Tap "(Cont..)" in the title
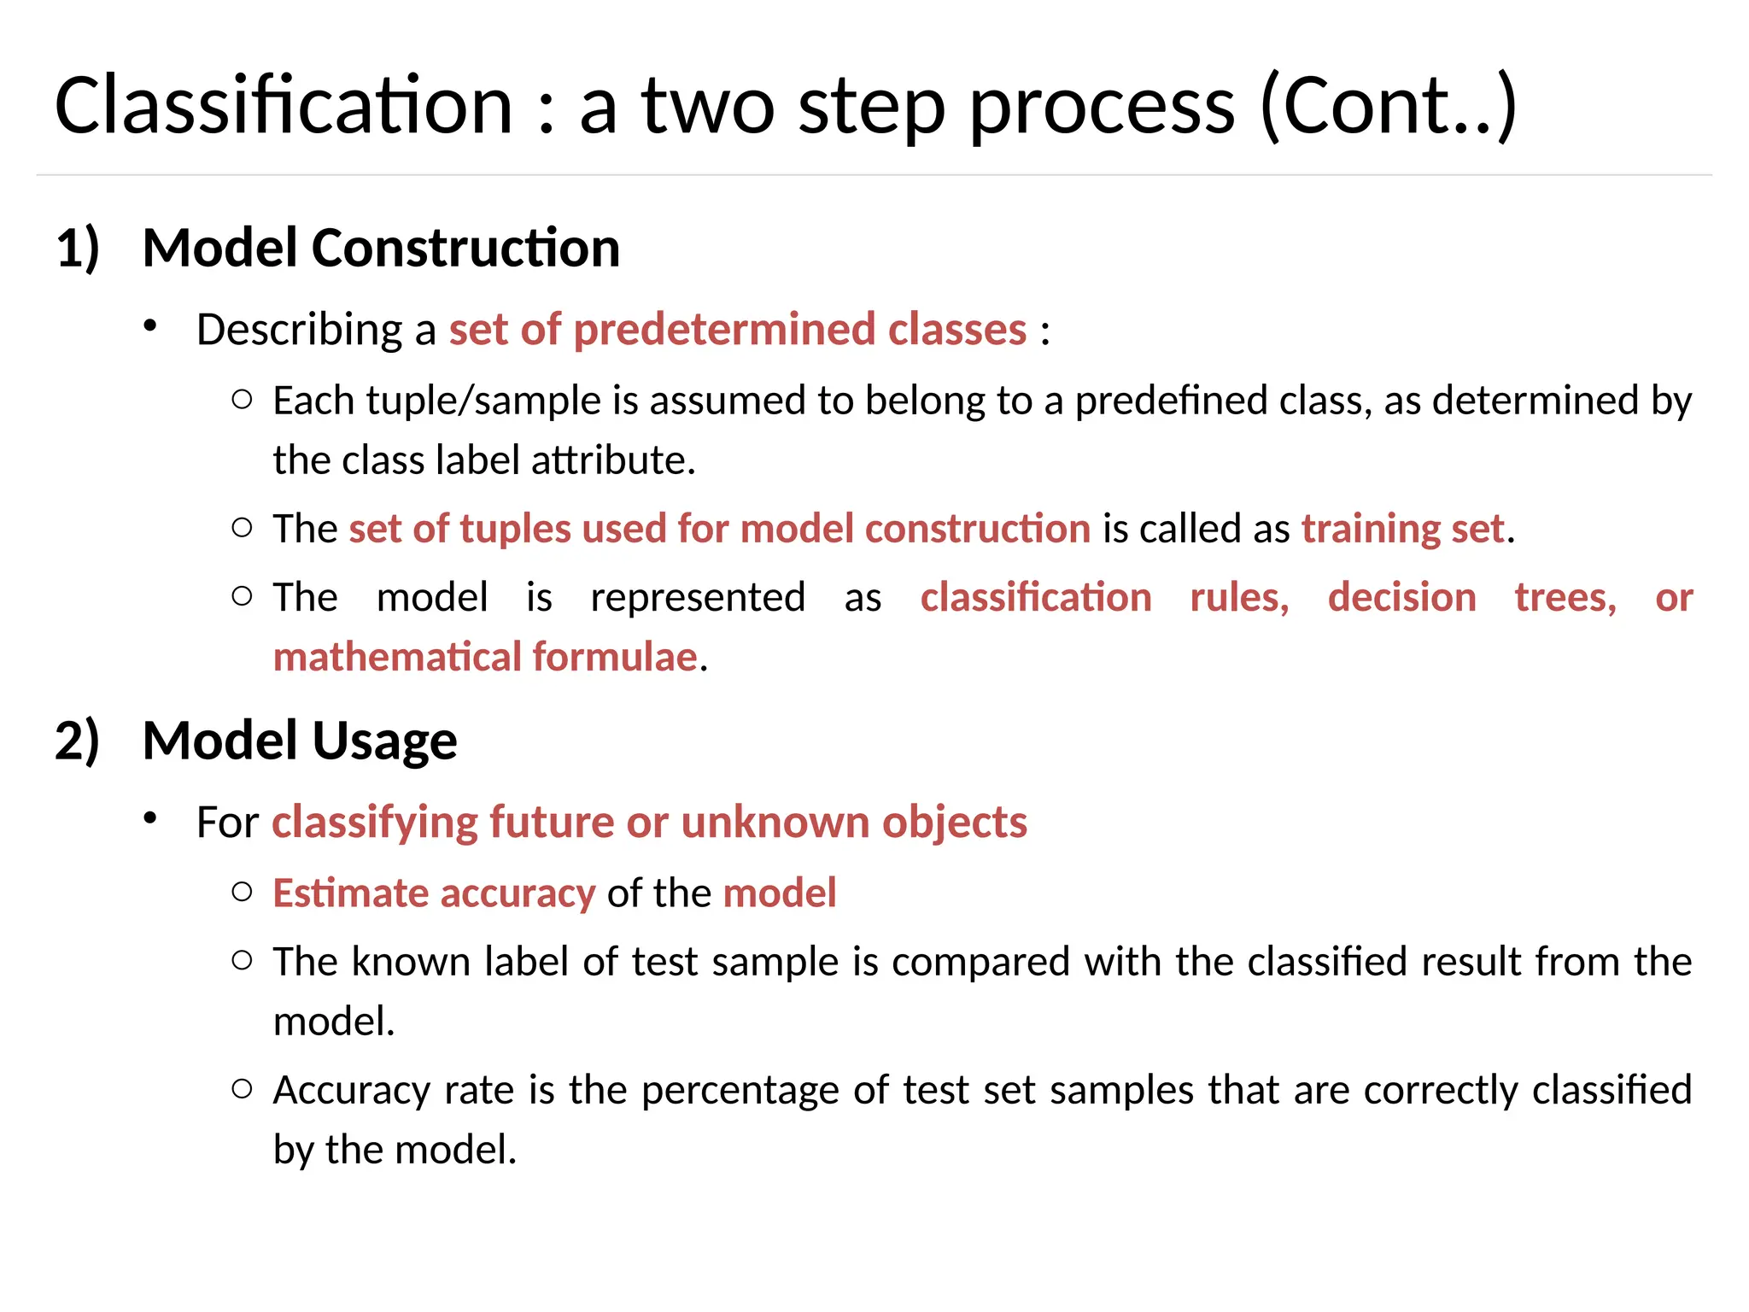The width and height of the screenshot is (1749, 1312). [1389, 106]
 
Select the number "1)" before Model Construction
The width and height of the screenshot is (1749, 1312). [78, 249]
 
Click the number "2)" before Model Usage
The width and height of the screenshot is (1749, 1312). [78, 741]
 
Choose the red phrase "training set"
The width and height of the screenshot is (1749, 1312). [1402, 529]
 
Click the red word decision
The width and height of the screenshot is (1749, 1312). [1401, 597]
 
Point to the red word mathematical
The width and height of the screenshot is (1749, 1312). [397, 657]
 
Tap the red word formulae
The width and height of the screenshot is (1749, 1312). [615, 657]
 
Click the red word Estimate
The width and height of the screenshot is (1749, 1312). [351, 893]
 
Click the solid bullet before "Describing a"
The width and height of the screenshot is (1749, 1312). [150, 325]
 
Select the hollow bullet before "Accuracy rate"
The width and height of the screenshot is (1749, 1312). [243, 1088]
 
